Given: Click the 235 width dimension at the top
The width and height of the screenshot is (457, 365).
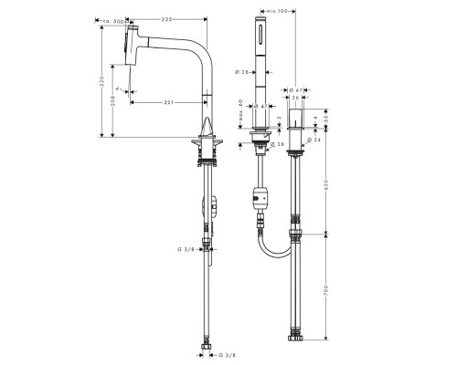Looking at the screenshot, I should [x=167, y=18].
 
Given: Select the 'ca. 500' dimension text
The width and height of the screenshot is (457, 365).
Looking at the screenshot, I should [x=115, y=18].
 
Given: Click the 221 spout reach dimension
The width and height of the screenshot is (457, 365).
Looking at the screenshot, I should [x=167, y=102].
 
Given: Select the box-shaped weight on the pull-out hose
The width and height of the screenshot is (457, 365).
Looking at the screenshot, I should [x=260, y=195].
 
